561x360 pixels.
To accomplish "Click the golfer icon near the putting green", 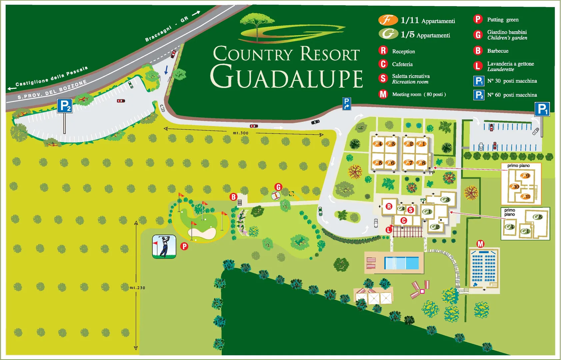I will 164,247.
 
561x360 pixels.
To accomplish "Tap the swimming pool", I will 401,263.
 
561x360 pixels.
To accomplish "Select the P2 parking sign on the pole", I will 65,106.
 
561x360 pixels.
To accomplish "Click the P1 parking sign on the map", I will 542,109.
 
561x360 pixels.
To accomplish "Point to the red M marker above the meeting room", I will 480,244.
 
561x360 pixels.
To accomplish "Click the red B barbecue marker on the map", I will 233,197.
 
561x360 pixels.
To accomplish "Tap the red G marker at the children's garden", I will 278,187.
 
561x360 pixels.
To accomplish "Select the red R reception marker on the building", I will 389,206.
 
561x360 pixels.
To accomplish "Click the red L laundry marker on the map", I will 389,229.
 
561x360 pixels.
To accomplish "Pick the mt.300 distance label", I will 240,133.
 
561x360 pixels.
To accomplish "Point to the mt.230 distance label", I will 137,288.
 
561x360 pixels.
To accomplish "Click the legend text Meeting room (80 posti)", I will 419,94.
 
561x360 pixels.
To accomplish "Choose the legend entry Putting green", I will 502,20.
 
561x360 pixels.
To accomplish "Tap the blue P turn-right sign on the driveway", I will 347,104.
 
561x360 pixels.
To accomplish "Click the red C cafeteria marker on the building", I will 403,220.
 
